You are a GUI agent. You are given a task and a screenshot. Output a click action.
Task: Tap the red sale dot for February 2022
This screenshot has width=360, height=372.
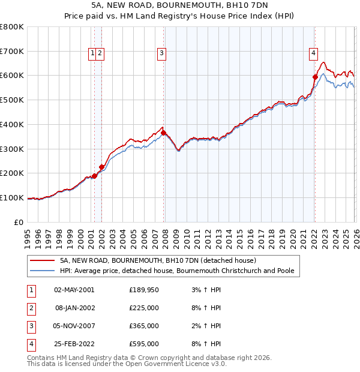(x=315, y=76)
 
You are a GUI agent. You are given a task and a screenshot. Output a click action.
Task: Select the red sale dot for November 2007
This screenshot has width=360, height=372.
(x=164, y=133)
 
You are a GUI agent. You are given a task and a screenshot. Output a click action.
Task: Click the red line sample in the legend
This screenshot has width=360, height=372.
(x=43, y=261)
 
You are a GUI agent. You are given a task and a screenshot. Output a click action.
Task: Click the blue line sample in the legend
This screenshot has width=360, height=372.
(x=43, y=271)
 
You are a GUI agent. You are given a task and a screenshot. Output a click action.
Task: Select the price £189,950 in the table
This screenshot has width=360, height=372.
(x=143, y=290)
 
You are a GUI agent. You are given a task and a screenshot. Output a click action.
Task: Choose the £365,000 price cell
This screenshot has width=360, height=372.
(x=143, y=326)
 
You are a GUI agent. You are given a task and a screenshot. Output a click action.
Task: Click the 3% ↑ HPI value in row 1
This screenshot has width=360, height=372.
(x=205, y=290)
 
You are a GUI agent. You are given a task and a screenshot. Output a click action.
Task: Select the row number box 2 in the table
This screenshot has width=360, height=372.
(x=30, y=308)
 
